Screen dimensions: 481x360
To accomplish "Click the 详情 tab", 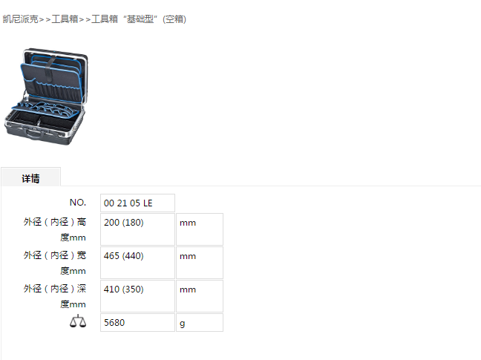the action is point(30,178).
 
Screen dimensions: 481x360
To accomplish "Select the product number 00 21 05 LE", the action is point(128,203).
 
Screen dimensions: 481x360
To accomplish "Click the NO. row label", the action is point(78,203).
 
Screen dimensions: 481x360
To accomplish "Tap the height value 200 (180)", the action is point(124,223).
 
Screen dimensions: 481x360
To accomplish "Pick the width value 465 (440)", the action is point(124,256).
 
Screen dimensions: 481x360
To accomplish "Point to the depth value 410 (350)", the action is point(124,289).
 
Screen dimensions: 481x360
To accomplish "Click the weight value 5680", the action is point(114,323).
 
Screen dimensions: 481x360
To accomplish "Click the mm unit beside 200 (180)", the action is point(188,223).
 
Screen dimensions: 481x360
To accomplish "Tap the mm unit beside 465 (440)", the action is point(188,256).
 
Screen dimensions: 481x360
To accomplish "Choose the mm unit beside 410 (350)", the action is point(188,289).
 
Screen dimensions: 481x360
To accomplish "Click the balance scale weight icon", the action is point(78,321).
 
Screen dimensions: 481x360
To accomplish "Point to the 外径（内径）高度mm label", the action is point(55,229).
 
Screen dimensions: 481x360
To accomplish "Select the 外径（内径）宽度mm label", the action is point(55,263).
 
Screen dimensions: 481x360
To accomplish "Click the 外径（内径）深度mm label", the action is point(55,296).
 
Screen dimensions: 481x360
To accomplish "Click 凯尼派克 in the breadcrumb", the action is point(20,19).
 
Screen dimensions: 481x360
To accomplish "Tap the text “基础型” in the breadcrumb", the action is point(140,19).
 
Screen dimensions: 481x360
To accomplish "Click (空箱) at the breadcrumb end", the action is point(174,19).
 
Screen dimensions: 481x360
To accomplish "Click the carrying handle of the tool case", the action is point(34,134).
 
